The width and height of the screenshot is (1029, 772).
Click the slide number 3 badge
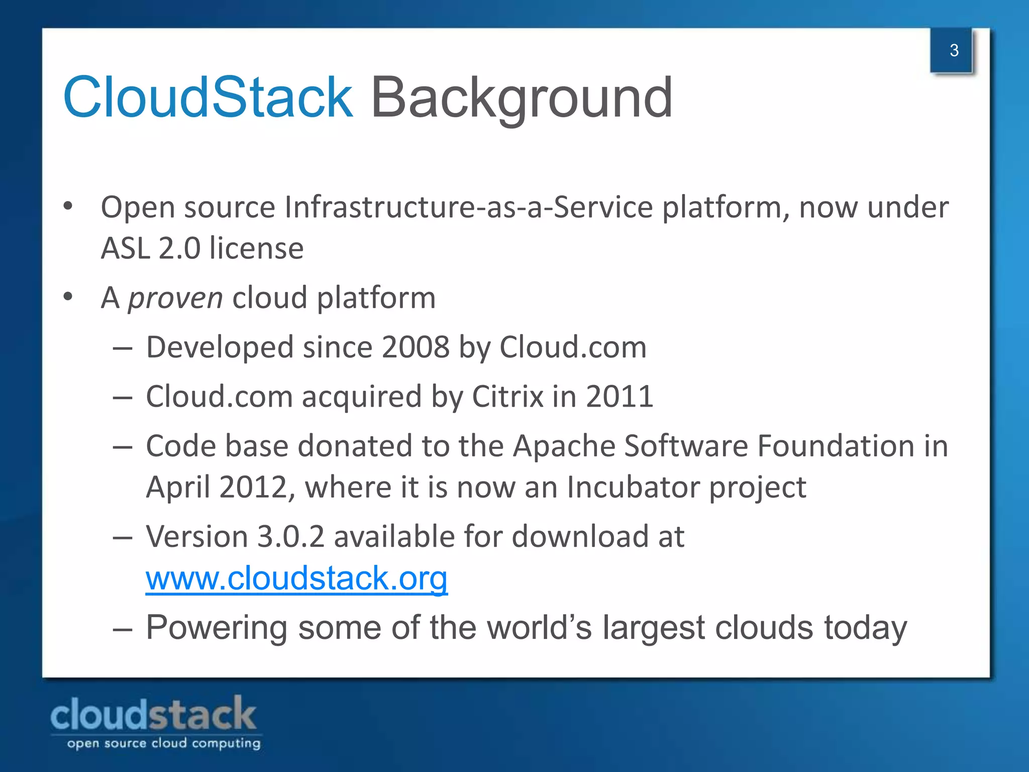[x=953, y=50]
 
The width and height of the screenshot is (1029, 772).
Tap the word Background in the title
[x=521, y=98]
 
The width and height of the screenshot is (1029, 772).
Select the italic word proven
[x=175, y=298]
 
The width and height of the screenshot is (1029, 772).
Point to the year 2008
[x=416, y=347]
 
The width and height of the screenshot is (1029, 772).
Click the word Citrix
[x=507, y=397]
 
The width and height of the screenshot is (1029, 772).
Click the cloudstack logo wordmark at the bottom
[x=153, y=714]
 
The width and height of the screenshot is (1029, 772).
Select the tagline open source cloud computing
[x=164, y=743]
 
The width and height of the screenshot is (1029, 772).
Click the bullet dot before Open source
[x=68, y=207]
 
